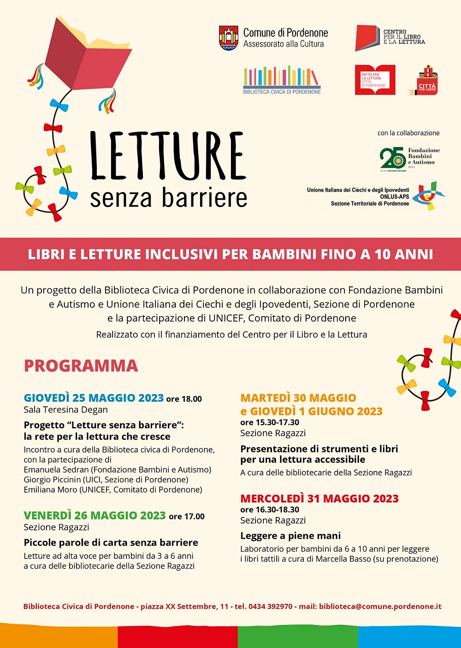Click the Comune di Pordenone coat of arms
click(229, 38)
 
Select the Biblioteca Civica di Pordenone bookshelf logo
click(282, 79)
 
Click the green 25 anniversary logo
click(393, 158)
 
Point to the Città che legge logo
click(427, 81)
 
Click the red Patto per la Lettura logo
click(375, 80)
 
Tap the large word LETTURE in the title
click(168, 156)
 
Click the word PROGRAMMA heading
click(81, 366)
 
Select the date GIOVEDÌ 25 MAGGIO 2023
click(94, 398)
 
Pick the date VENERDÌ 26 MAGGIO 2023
click(95, 516)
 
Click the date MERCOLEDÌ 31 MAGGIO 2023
click(319, 499)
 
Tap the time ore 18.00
click(184, 399)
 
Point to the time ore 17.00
click(187, 517)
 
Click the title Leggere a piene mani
click(290, 536)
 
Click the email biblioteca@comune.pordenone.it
click(380, 606)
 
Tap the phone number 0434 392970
click(270, 606)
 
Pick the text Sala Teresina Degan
click(66, 410)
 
